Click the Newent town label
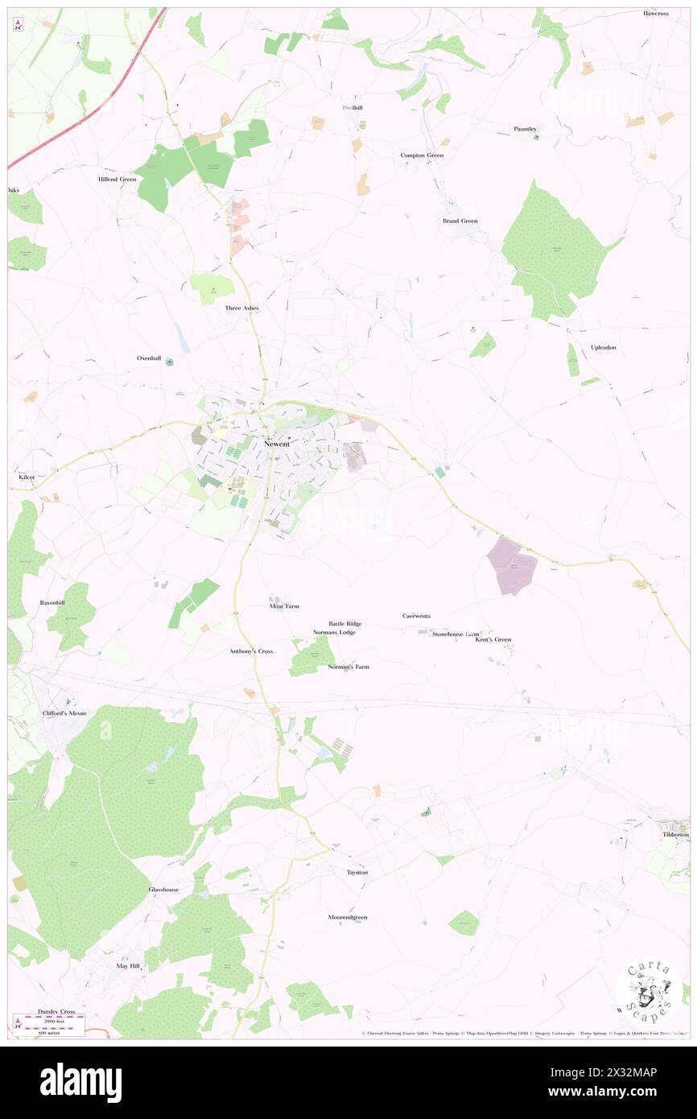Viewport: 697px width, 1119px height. point(276,444)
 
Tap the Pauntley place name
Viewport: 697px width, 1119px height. point(525,129)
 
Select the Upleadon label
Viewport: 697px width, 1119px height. point(603,347)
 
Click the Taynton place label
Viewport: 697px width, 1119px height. point(357,872)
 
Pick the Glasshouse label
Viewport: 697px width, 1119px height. point(163,890)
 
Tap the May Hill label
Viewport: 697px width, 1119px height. point(128,965)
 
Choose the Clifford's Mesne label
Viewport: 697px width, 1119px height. point(64,713)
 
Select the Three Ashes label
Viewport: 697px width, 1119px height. point(241,308)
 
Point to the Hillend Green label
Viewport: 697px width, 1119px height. point(117,179)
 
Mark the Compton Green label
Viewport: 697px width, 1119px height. point(422,155)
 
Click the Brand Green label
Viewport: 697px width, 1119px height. point(460,221)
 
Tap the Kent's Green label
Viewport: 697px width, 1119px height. point(492,639)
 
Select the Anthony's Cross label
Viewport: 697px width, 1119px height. point(251,650)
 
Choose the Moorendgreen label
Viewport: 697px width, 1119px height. point(347,917)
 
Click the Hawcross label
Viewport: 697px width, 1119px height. point(655,14)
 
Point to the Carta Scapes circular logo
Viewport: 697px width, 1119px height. point(649,992)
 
